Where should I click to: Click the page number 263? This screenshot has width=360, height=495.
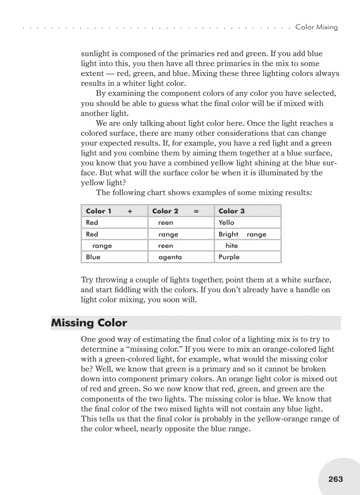(x=335, y=479)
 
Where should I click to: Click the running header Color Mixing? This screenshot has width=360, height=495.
(x=316, y=27)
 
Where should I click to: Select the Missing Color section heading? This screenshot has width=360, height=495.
(x=89, y=323)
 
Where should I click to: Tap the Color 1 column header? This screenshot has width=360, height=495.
(x=99, y=211)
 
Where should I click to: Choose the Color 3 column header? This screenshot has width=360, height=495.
(x=231, y=211)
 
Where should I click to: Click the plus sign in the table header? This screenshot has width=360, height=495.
(x=130, y=211)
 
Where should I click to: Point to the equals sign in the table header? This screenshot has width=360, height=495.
(x=196, y=211)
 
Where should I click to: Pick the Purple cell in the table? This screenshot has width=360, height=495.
(x=229, y=257)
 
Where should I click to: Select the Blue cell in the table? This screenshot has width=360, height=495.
(x=93, y=257)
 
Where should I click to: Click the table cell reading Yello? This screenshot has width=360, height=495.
(x=226, y=223)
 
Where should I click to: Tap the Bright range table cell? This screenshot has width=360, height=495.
(x=242, y=234)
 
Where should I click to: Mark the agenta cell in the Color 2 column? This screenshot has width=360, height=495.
(x=170, y=257)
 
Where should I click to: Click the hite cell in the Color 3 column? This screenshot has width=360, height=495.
(x=231, y=246)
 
